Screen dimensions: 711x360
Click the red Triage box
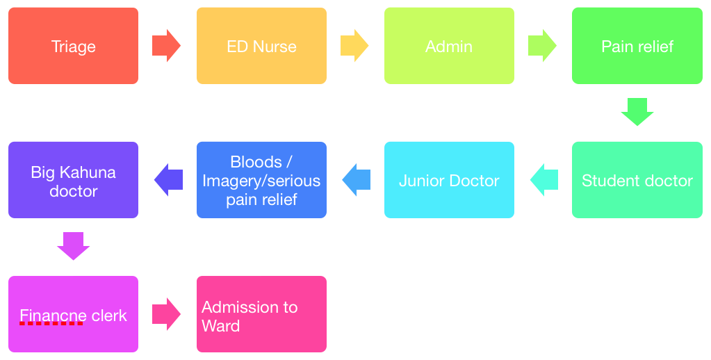click(74, 46)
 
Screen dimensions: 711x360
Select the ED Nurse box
click(261, 46)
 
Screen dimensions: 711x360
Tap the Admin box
click(450, 46)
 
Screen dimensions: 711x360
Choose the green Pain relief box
click(637, 46)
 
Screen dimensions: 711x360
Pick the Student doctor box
click(637, 180)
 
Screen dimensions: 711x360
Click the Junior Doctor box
click(450, 180)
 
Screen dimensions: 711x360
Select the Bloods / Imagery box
click(261, 180)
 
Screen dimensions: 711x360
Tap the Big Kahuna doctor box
click(74, 180)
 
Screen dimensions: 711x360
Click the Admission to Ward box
click(261, 313)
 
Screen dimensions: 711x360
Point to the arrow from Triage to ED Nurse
click(166, 46)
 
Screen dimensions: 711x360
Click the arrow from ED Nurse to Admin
click(354, 46)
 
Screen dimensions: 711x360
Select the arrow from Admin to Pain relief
click(542, 46)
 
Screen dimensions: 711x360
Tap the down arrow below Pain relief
click(637, 111)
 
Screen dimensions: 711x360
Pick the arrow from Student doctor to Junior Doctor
click(544, 180)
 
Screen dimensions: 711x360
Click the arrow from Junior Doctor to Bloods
click(357, 180)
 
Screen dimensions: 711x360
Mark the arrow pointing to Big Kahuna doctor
click(168, 180)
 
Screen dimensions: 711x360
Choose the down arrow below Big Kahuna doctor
click(74, 246)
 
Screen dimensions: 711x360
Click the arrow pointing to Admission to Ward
click(166, 313)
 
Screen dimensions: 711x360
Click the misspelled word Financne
click(51, 316)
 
